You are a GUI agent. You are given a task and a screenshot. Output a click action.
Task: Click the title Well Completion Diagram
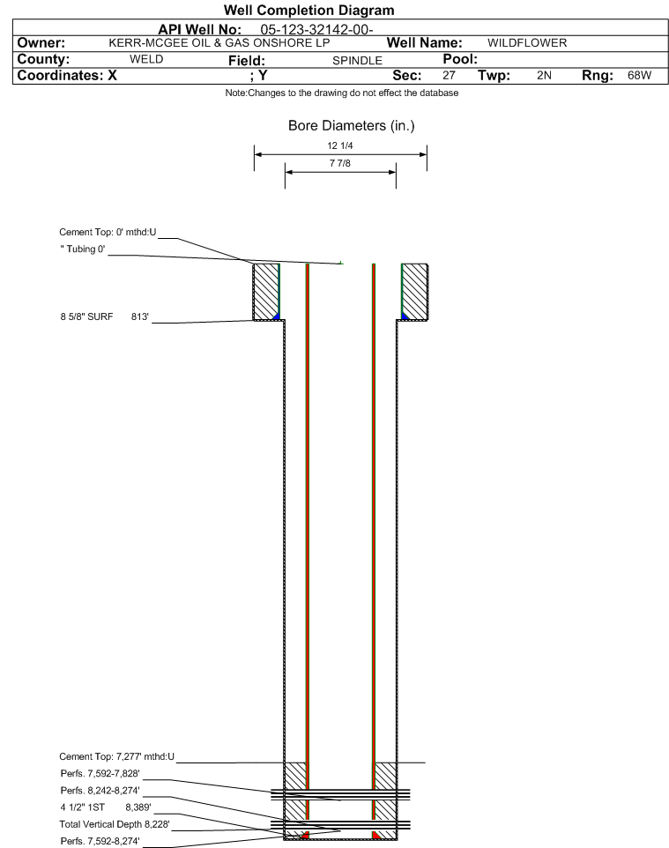click(308, 11)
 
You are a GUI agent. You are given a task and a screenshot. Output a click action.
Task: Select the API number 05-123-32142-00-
click(317, 30)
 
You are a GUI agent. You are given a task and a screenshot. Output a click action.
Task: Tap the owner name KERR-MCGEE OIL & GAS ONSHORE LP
click(219, 43)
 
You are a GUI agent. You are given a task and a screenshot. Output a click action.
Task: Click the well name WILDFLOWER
click(527, 43)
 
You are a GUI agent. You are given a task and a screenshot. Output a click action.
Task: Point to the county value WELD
click(146, 59)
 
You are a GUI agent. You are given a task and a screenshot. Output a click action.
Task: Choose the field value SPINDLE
click(358, 61)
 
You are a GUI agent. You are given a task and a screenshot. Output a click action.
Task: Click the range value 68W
click(639, 75)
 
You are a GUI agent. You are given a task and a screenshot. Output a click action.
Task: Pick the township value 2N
click(544, 75)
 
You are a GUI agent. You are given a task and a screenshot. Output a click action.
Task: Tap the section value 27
click(449, 75)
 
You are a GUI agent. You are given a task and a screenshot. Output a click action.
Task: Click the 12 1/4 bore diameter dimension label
click(340, 145)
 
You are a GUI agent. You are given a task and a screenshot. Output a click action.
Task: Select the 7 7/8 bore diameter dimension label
click(340, 163)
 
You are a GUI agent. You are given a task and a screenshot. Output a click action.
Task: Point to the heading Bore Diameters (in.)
click(352, 126)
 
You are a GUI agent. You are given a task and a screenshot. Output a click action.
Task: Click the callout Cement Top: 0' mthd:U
click(108, 233)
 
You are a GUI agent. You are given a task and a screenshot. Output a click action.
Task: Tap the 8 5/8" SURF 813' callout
click(104, 317)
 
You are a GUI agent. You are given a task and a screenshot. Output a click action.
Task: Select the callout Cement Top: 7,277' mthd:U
click(117, 756)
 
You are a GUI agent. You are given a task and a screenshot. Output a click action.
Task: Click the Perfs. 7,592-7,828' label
click(100, 773)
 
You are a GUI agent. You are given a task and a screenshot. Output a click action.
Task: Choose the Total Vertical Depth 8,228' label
click(115, 824)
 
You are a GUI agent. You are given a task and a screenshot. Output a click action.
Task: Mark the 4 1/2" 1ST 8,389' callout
click(106, 807)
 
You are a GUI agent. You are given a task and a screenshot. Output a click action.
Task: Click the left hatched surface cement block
click(266, 292)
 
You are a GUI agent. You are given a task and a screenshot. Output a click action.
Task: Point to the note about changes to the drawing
click(342, 93)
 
